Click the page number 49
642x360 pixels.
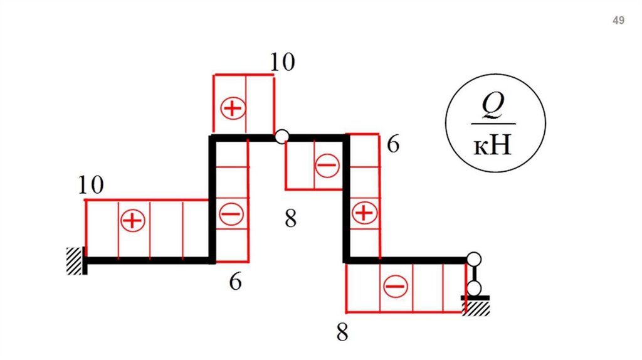618,21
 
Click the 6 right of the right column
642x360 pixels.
393,145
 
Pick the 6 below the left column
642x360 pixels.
235,282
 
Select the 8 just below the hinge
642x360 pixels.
290,220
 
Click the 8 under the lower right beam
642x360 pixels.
342,332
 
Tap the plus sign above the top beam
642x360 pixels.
232,109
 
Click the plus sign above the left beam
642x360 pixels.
132,221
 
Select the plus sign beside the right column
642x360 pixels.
363,213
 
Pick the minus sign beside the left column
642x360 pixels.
230,214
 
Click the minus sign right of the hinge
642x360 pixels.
326,166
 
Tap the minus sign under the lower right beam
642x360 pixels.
396,287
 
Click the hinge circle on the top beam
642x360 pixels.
282,135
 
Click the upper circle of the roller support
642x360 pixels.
474,258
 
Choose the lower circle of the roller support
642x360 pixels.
474,288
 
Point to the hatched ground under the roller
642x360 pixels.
476,307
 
